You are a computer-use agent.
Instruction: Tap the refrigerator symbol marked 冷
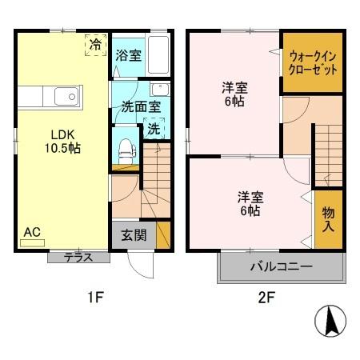tap(95, 45)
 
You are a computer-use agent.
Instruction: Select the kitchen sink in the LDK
tap(65, 98)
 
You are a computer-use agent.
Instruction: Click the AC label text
tap(31, 232)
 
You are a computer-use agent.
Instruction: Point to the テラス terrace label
tap(78, 257)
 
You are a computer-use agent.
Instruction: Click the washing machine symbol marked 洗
tap(153, 129)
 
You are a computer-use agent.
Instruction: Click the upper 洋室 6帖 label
tap(233, 95)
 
